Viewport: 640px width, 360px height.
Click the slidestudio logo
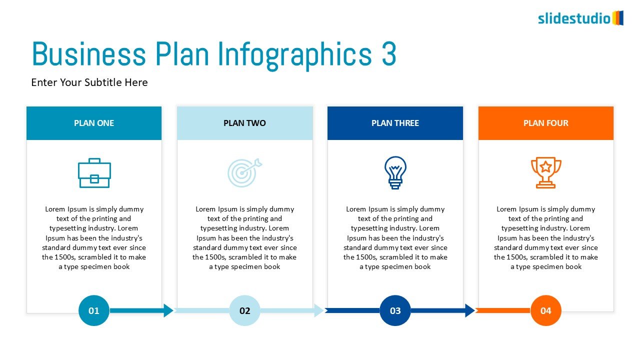tap(580, 18)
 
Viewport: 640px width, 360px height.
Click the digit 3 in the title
tap(389, 53)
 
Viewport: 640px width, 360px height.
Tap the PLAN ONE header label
tap(94, 123)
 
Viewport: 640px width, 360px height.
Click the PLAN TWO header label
tap(244, 123)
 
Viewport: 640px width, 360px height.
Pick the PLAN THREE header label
tap(395, 123)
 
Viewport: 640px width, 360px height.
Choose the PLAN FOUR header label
tap(545, 123)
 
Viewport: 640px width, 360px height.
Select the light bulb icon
tap(395, 172)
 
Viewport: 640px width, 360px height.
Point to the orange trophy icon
tap(546, 172)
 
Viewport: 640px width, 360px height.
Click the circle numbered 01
tap(94, 310)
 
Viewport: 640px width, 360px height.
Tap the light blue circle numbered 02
tap(244, 310)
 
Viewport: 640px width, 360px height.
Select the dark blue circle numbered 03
tap(395, 310)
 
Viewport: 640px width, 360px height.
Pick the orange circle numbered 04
tap(545, 310)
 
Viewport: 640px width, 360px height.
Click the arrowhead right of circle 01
tap(168, 310)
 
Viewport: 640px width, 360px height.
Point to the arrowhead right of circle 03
tap(469, 310)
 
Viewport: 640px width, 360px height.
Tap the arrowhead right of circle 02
tap(318, 310)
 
